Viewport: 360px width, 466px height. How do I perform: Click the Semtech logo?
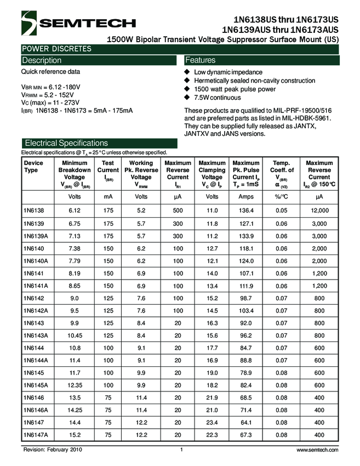(x=77, y=22)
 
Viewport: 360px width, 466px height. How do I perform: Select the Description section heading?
(x=42, y=60)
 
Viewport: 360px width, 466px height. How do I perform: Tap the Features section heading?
(x=201, y=60)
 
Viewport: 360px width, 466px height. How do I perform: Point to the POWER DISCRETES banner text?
(x=56, y=49)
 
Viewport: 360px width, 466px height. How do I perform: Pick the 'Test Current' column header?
(x=108, y=171)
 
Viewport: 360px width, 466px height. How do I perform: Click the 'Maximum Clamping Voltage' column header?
(x=212, y=171)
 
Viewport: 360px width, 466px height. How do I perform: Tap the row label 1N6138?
(x=33, y=211)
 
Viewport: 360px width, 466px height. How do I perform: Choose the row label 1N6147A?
(x=36, y=434)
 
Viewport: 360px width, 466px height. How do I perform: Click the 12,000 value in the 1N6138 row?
(x=319, y=211)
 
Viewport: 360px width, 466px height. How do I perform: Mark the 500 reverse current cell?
(x=178, y=211)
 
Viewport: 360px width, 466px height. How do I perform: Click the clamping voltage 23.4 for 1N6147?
(x=212, y=422)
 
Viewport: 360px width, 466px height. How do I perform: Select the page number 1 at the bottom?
(x=181, y=450)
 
